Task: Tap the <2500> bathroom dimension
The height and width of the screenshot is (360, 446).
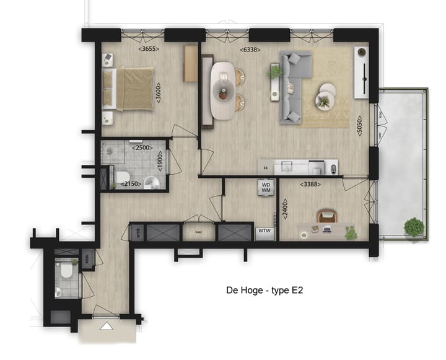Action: tap(142, 147)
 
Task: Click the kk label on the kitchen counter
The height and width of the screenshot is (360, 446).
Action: tap(265, 167)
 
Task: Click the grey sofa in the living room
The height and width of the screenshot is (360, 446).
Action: tap(291, 87)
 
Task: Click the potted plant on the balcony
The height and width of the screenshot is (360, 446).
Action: tap(413, 227)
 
